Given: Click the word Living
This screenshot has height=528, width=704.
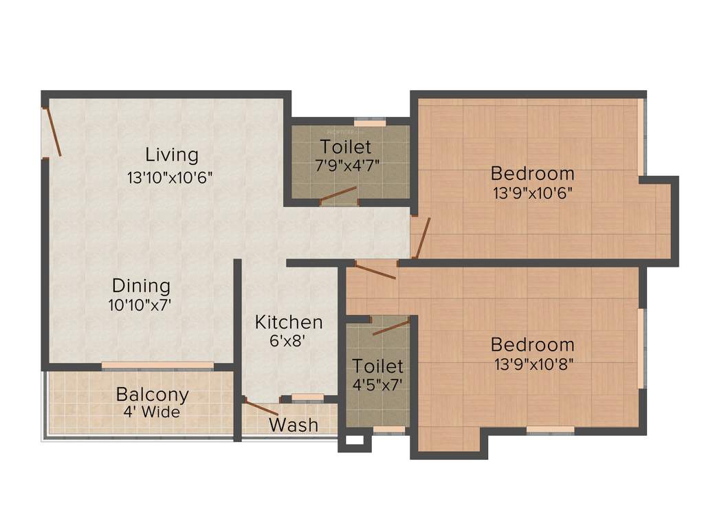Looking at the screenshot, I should coord(171,155).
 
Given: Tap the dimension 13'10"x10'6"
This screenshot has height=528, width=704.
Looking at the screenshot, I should coord(170,177).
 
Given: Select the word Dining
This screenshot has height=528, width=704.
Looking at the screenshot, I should coord(142,285).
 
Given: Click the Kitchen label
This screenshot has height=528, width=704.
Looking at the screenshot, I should coord(289,322).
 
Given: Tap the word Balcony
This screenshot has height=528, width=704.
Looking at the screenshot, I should coord(152,395).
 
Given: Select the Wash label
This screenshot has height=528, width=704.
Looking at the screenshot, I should coord(294,425).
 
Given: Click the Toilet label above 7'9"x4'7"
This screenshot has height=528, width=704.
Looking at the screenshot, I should coord(346,146).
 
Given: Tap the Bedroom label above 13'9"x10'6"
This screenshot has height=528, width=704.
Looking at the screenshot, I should coord(532,173).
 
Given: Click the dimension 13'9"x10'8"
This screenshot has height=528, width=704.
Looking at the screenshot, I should coord(533,364).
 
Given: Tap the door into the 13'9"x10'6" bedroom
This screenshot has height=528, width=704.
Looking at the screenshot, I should coord(421,236).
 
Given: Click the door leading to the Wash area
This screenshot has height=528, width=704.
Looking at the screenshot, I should coord(261,408).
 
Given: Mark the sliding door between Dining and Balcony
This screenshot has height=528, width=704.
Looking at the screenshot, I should coord(158,365).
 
